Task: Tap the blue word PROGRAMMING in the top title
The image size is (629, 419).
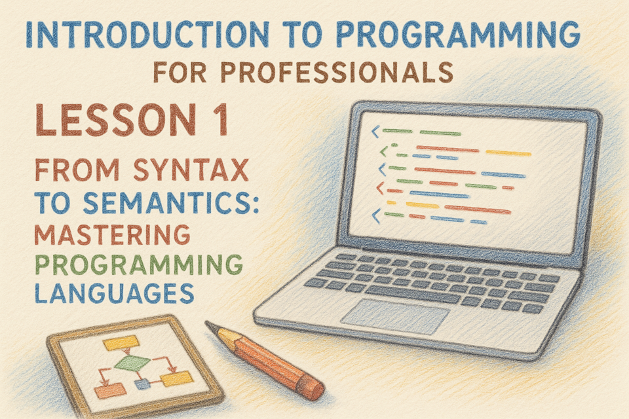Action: [x=458, y=34]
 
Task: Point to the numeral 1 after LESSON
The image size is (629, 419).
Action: [x=220, y=120]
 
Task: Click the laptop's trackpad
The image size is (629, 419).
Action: [x=395, y=317]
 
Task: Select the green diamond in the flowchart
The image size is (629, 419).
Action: [x=132, y=363]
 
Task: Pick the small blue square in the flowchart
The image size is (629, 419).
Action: [x=142, y=384]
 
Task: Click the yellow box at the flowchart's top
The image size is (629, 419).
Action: [x=121, y=343]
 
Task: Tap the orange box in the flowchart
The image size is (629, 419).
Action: [x=110, y=391]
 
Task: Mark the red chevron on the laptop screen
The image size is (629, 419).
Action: [x=379, y=188]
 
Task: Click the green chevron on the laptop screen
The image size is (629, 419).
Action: [x=384, y=151]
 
